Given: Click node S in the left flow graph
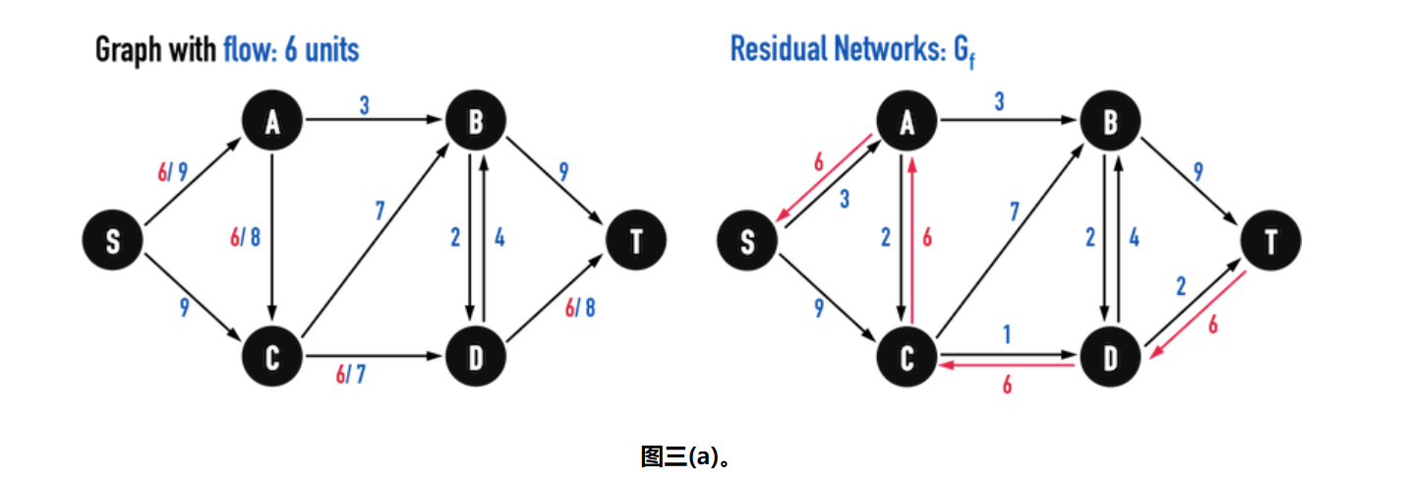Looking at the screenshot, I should (113, 241).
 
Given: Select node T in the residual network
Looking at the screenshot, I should (1270, 241).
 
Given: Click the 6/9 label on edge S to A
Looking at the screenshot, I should (172, 172).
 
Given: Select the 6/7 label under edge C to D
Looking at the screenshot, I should (350, 375).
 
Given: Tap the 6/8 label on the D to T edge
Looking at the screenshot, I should (579, 307).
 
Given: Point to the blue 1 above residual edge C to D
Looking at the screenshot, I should (1006, 335).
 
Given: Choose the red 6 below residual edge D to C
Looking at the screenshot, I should (1006, 386).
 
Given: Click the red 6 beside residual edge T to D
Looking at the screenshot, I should (1212, 324).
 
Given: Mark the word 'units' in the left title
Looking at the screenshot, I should (331, 49).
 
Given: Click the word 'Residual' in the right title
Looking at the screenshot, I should (777, 49).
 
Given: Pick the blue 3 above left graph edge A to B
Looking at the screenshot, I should (364, 105).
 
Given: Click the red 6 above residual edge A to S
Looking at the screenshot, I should (819, 162).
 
